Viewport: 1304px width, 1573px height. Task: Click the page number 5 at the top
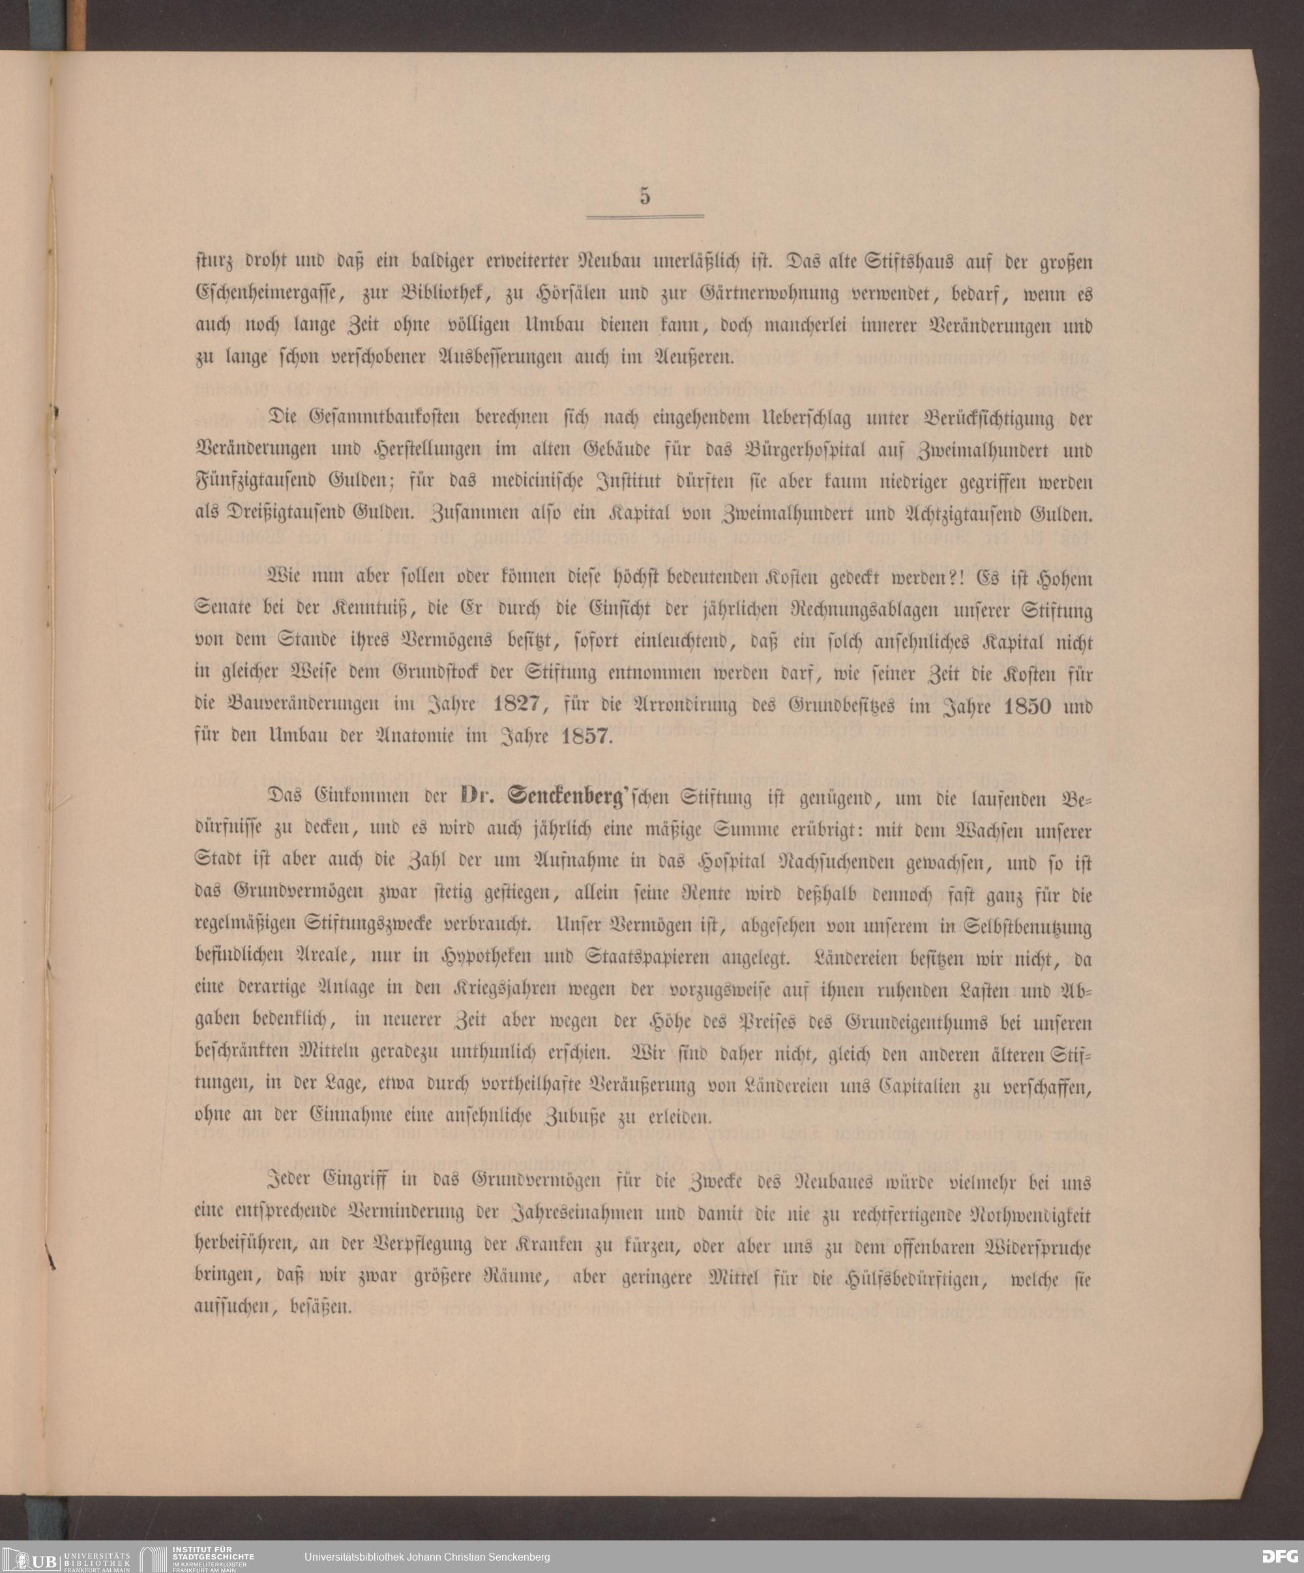tap(645, 196)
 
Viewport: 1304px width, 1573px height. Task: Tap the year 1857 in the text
tap(587, 736)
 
